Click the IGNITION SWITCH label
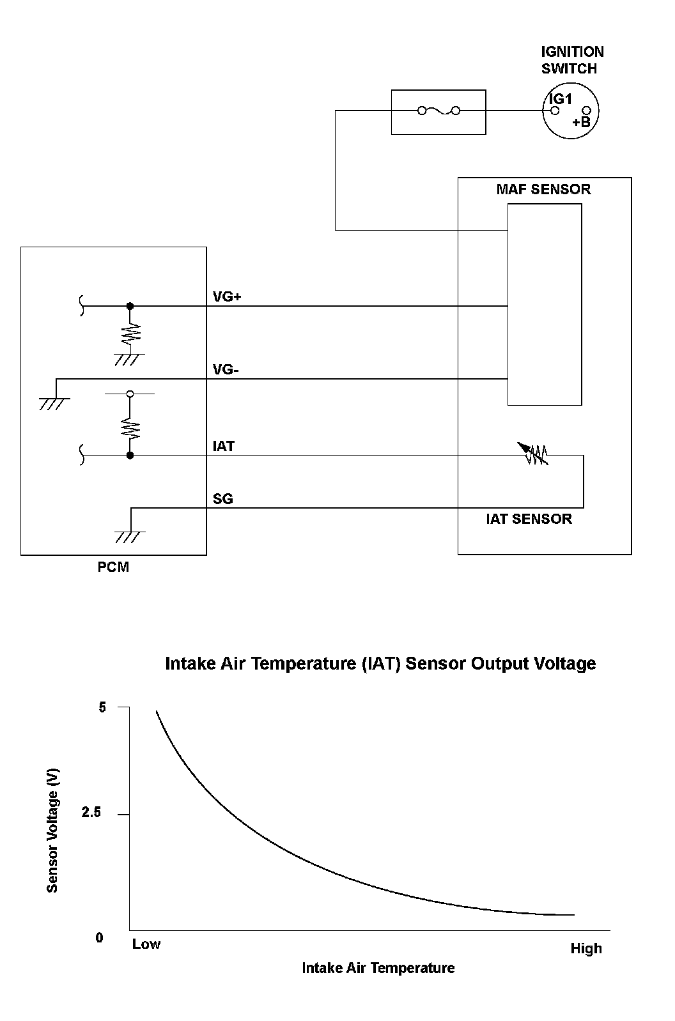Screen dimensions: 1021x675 point(572,60)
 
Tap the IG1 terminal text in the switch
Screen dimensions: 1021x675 point(561,99)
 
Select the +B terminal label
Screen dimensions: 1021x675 point(581,122)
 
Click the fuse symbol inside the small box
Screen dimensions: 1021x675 point(438,111)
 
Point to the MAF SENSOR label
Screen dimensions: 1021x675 point(543,190)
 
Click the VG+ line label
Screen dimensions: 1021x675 point(227,297)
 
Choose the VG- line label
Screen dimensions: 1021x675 point(226,370)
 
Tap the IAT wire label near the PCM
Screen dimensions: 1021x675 point(224,446)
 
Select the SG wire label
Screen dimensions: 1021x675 point(223,499)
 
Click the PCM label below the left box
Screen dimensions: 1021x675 point(113,567)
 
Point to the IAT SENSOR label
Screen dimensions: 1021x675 point(529,519)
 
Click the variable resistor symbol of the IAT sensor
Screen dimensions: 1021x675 point(536,454)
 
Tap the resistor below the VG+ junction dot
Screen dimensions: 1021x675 point(130,333)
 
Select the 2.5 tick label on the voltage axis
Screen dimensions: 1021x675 point(91,813)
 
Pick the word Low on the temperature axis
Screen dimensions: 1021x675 point(146,944)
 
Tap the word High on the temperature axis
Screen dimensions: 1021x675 point(586,949)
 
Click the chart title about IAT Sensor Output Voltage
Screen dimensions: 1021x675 point(380,664)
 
